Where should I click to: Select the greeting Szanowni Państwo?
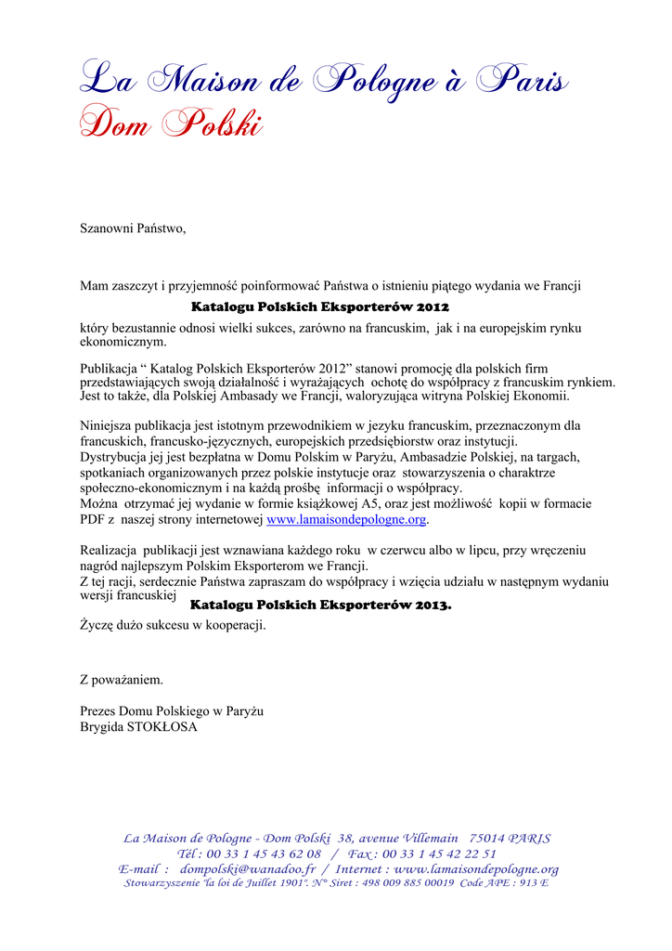pos(133,228)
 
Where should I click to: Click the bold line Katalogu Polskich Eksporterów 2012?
pos(320,306)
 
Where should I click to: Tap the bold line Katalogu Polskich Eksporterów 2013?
pos(320,606)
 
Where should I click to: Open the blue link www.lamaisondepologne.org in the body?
pos(346,519)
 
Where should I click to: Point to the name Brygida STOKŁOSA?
pos(138,727)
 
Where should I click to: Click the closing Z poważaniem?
pos(122,680)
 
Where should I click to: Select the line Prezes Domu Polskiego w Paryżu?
pos(172,711)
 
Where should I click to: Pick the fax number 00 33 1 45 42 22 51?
pos(438,853)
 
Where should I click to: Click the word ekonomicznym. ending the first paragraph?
pos(123,342)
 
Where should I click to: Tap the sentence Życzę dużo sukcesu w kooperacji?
pos(173,626)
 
